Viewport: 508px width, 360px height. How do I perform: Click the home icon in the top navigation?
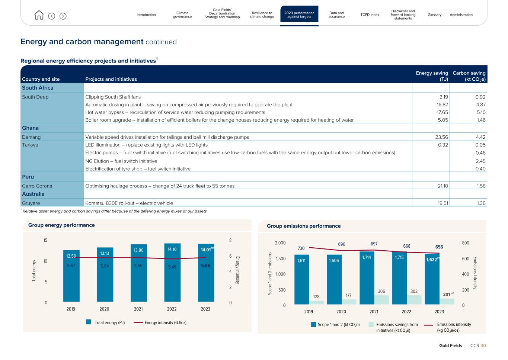click(39, 15)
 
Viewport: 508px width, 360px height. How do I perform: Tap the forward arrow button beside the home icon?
click(63, 16)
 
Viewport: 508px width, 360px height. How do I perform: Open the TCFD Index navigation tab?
click(370, 15)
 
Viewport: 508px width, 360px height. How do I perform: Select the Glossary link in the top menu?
click(434, 15)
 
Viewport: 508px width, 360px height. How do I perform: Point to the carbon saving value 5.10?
click(481, 112)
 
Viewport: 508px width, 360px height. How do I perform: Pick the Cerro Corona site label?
click(37, 186)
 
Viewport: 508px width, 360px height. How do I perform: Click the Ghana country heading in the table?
click(30, 128)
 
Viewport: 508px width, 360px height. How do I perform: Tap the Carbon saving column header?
click(469, 76)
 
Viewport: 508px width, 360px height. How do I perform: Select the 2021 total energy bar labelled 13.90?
click(138, 273)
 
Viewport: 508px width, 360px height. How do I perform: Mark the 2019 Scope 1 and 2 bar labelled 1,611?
click(301, 279)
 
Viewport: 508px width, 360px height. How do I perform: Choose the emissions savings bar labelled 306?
click(381, 299)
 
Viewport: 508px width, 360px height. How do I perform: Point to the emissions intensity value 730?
click(301, 248)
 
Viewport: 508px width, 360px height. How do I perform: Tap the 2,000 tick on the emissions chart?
click(280, 243)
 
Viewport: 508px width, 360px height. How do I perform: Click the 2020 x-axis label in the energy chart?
click(104, 309)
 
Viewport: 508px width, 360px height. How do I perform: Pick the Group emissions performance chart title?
click(304, 226)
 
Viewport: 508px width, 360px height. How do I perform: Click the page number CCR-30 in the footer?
click(478, 345)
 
